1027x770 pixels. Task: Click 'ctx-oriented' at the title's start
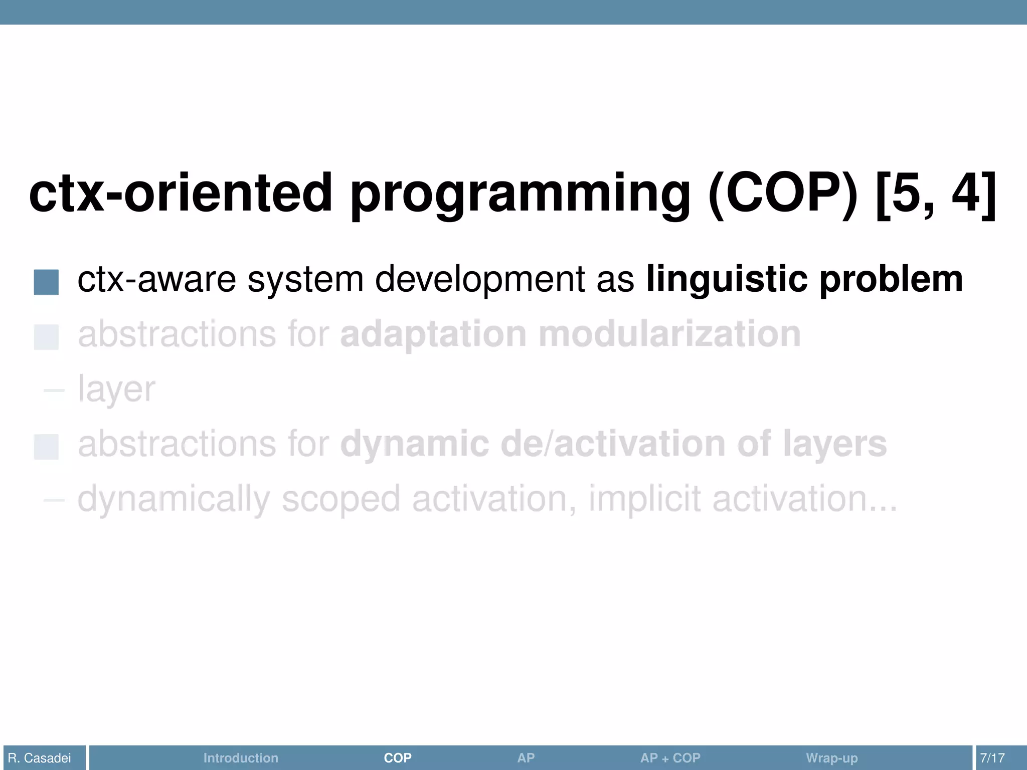(181, 193)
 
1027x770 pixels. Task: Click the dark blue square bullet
(46, 282)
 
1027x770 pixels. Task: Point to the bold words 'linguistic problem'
(804, 279)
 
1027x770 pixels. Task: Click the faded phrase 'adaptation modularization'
(570, 334)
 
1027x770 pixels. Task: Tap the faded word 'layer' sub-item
(116, 390)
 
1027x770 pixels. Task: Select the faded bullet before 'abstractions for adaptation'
(46, 337)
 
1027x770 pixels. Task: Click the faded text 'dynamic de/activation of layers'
(613, 444)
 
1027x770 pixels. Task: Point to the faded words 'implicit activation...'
(742, 499)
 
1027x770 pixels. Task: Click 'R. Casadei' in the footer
(40, 757)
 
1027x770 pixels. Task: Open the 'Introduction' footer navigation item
(241, 757)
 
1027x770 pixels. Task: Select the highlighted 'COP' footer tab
(398, 757)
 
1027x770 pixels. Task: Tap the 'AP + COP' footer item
(670, 757)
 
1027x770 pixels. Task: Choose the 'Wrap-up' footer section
(831, 757)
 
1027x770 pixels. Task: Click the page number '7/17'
(992, 757)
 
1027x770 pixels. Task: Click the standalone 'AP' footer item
(526, 757)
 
